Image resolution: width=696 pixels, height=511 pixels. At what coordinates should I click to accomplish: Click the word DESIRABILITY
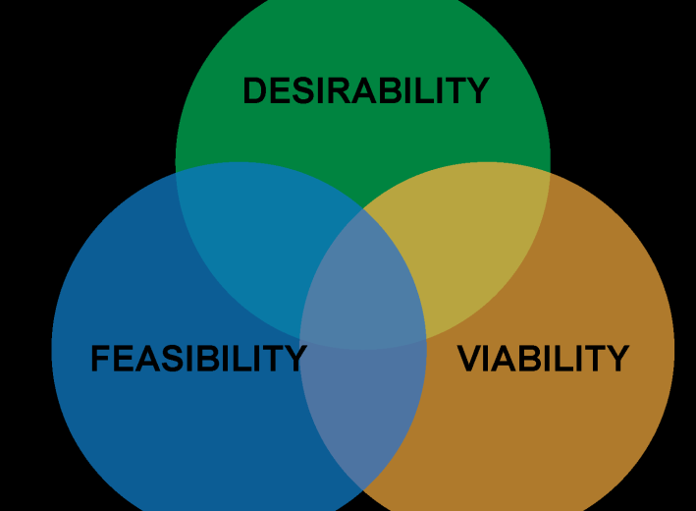(365, 91)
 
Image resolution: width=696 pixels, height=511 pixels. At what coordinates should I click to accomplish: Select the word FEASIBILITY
(198, 359)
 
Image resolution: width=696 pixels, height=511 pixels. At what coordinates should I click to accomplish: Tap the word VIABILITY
(543, 359)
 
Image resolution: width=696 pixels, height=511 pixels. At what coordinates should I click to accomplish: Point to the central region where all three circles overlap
(363, 285)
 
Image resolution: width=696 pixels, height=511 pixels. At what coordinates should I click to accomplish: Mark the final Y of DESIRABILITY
(477, 91)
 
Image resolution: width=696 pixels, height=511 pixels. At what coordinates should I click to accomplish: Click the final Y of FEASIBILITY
(295, 359)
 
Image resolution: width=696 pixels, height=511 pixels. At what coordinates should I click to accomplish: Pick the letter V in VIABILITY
(470, 359)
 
